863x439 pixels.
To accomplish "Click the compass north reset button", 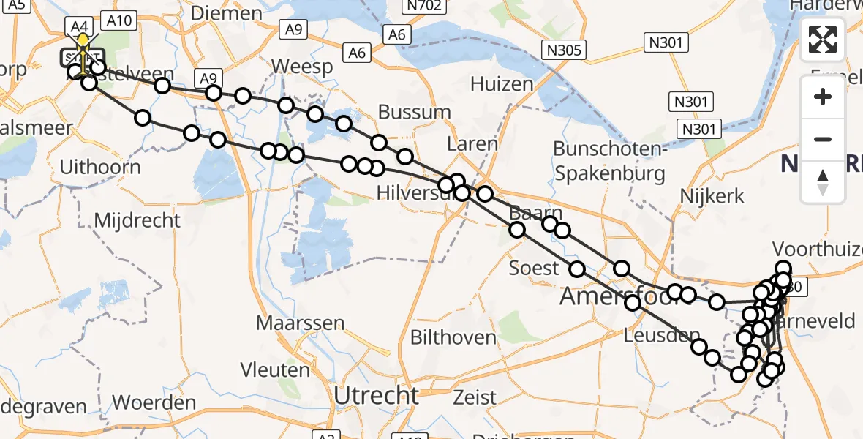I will [x=823, y=182].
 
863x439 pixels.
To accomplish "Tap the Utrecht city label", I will [x=377, y=396].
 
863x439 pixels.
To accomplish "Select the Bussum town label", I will [x=415, y=112].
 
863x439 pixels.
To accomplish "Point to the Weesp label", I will [x=302, y=67].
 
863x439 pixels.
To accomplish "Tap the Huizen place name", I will [x=502, y=84].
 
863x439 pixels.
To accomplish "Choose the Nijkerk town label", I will [x=712, y=196].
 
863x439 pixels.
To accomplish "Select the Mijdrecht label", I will [x=137, y=219].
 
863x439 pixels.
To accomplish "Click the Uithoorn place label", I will [x=100, y=167].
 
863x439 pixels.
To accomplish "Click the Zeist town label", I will [x=475, y=398].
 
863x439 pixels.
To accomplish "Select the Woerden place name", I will [x=154, y=402].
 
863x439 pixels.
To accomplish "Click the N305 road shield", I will [x=563, y=50].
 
